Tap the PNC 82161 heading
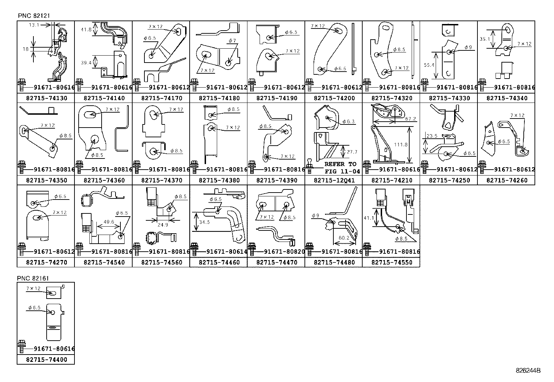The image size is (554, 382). (x=33, y=278)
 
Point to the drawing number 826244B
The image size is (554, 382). (x=528, y=371)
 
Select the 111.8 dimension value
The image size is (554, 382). (x=401, y=144)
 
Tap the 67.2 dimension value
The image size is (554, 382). (x=411, y=119)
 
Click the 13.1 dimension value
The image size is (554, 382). (x=34, y=25)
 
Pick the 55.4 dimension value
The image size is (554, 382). (x=429, y=65)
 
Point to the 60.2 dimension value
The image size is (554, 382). (x=344, y=238)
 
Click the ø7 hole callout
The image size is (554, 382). (x=232, y=41)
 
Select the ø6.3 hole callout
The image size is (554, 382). (x=348, y=122)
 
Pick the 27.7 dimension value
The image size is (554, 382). (x=352, y=152)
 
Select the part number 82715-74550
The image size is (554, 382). (x=391, y=262)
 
